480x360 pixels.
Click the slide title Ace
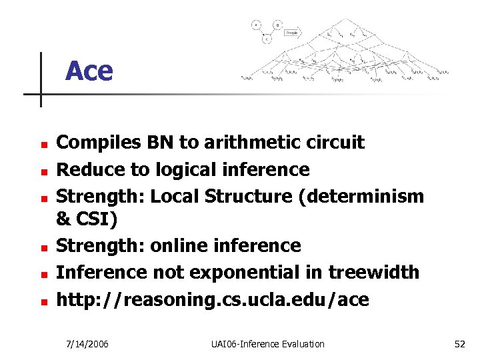(x=89, y=71)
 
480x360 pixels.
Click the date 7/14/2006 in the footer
(x=88, y=344)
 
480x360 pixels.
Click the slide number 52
(x=459, y=344)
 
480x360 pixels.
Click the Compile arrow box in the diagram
(x=291, y=31)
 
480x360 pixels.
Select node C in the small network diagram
(x=267, y=39)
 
